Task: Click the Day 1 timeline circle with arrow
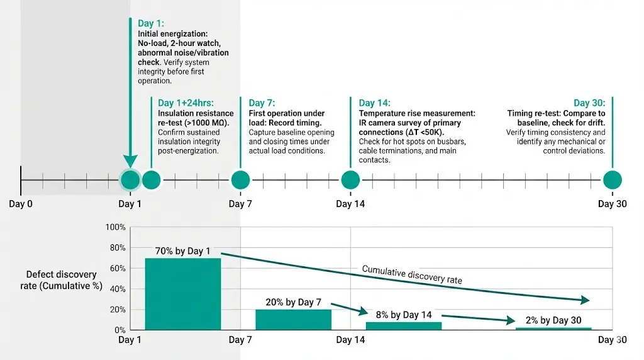click(130, 180)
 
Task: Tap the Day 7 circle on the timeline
click(240, 180)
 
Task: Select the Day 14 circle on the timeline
click(350, 180)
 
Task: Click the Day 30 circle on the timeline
click(612, 180)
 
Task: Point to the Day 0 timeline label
click(21, 204)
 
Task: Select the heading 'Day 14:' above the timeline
click(375, 103)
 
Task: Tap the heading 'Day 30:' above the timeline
click(589, 103)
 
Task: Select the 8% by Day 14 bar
click(403, 326)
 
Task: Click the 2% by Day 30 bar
click(553, 329)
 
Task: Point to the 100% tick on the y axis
click(117, 227)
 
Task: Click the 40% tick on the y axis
click(118, 289)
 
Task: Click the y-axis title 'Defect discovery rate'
click(62, 274)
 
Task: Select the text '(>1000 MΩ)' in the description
click(210, 123)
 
